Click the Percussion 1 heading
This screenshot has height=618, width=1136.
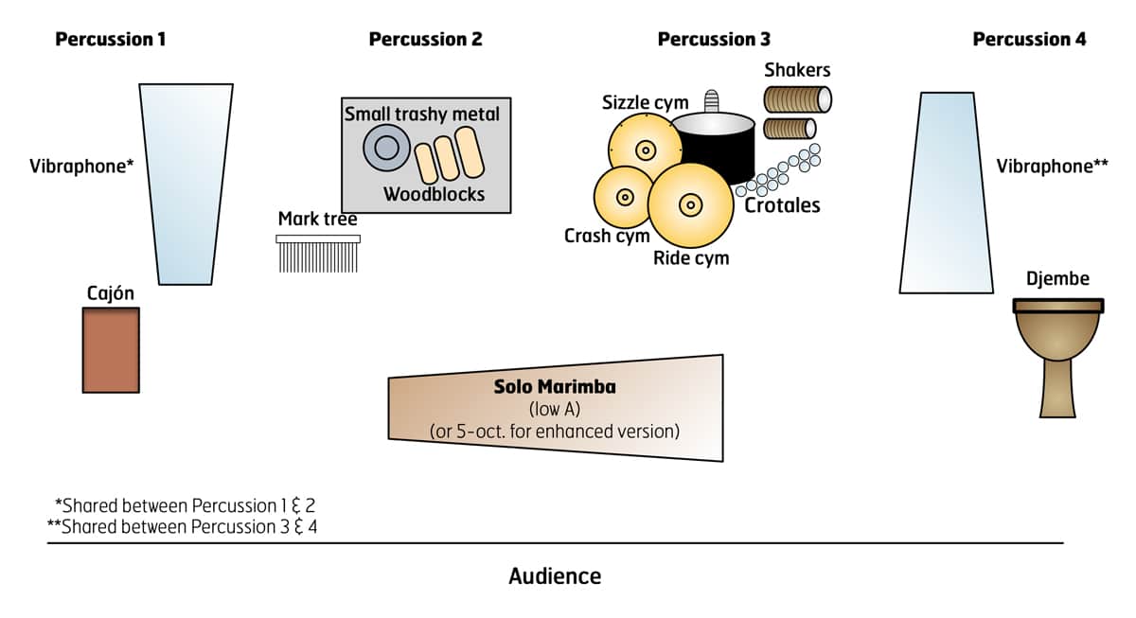[x=111, y=40]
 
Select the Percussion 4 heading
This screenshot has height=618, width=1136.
[x=1029, y=40]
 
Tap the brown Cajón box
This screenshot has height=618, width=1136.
[x=111, y=349]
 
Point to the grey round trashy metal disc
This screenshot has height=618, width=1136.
[x=386, y=148]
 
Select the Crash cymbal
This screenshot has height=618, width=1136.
[x=624, y=197]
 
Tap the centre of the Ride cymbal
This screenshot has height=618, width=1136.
[x=690, y=203]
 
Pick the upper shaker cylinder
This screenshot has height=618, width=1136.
[x=797, y=98]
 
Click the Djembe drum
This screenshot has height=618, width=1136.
[x=1057, y=355]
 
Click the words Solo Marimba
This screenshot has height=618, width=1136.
[x=554, y=388]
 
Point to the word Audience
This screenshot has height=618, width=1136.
[x=555, y=575]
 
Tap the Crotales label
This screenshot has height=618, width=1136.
[x=782, y=205]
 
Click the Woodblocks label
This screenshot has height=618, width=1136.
[x=434, y=194]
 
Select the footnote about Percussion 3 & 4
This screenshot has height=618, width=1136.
[x=182, y=526]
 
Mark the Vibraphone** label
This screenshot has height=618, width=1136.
[x=1052, y=166]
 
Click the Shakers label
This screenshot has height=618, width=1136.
[x=797, y=70]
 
